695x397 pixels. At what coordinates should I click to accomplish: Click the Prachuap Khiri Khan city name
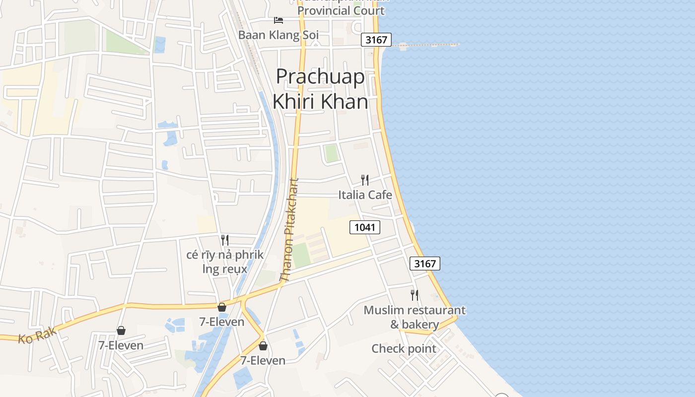point(321,89)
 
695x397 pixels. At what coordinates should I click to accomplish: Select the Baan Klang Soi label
point(278,35)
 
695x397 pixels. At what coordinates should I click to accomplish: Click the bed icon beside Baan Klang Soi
point(278,20)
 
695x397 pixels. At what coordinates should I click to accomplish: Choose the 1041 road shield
point(365,227)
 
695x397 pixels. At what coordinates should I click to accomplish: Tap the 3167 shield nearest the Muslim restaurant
point(425,264)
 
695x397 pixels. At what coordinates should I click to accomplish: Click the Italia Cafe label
point(365,195)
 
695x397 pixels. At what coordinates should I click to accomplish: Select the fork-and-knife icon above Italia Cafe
point(365,180)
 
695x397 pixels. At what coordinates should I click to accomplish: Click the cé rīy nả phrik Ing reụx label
point(225,262)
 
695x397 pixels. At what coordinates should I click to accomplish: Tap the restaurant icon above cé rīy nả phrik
point(225,240)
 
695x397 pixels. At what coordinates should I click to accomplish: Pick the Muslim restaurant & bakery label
point(415,318)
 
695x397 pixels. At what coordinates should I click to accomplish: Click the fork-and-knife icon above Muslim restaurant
point(415,295)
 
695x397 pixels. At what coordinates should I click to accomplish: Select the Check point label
point(404,349)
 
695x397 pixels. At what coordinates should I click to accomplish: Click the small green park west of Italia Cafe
point(331,153)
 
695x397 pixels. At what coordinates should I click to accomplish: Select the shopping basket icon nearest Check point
point(263,345)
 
